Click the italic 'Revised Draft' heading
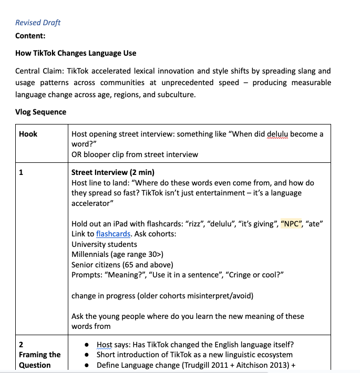(x=38, y=23)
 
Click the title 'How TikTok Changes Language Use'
(x=76, y=53)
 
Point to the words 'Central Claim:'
(x=39, y=71)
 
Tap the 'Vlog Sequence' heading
(x=40, y=112)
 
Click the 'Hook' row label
(x=28, y=134)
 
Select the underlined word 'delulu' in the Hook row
(x=279, y=134)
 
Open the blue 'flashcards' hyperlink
(x=113, y=234)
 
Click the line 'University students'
(x=104, y=244)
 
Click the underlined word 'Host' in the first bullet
(x=105, y=345)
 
